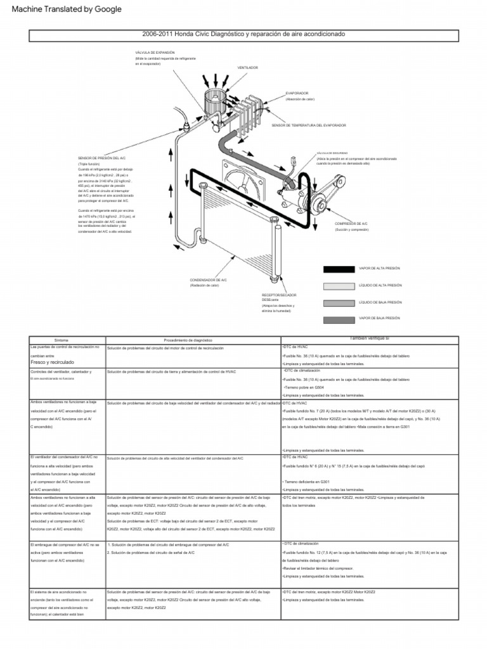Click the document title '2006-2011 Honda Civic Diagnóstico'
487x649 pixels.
pos(244,34)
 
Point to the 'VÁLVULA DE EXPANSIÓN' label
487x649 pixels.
pos(155,52)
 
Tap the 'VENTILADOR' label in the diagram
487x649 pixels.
pos(247,67)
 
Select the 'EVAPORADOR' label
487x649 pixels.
pos(298,93)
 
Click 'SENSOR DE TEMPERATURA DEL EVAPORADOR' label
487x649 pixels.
pos(309,125)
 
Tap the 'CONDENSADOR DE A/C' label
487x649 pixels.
pos(208,280)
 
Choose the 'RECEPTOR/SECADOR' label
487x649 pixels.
pos(279,295)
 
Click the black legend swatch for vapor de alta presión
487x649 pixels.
pos(339,269)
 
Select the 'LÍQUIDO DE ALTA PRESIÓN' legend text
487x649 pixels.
pos(380,285)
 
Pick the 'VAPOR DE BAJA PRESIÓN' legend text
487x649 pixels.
pos(379,319)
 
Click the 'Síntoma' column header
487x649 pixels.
pos(62,340)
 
